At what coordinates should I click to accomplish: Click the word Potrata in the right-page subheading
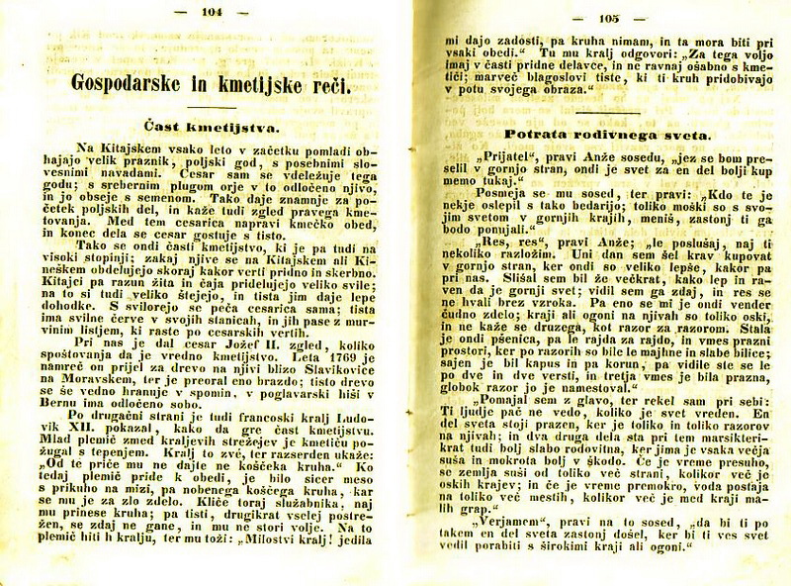click(538, 134)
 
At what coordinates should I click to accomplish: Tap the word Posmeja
click(494, 195)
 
